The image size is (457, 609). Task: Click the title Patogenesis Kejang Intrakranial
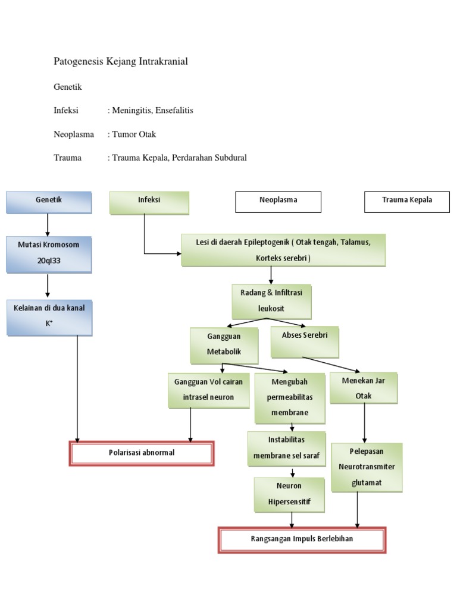[x=121, y=61]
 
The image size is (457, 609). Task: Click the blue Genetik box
[x=49, y=202]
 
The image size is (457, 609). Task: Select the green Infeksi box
[x=149, y=202]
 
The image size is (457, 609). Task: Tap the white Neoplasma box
[x=278, y=202]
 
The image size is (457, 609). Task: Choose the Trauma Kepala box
[x=406, y=202]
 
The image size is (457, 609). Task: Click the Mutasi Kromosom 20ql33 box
[x=49, y=253]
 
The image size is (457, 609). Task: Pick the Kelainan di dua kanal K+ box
[x=49, y=317]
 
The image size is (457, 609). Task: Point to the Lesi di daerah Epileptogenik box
[x=283, y=250]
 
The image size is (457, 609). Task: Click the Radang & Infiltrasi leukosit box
[x=271, y=301]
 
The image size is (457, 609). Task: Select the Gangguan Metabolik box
[x=224, y=344]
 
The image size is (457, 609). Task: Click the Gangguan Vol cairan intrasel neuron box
[x=208, y=390]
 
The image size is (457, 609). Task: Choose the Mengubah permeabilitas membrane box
[x=290, y=397]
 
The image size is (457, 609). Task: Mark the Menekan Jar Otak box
[x=363, y=388]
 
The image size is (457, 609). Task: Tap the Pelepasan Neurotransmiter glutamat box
[x=367, y=467]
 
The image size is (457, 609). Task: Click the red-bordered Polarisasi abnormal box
[x=142, y=453]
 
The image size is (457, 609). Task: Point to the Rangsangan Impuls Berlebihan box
[x=302, y=539]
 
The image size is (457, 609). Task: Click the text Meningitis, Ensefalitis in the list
[x=152, y=111]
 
